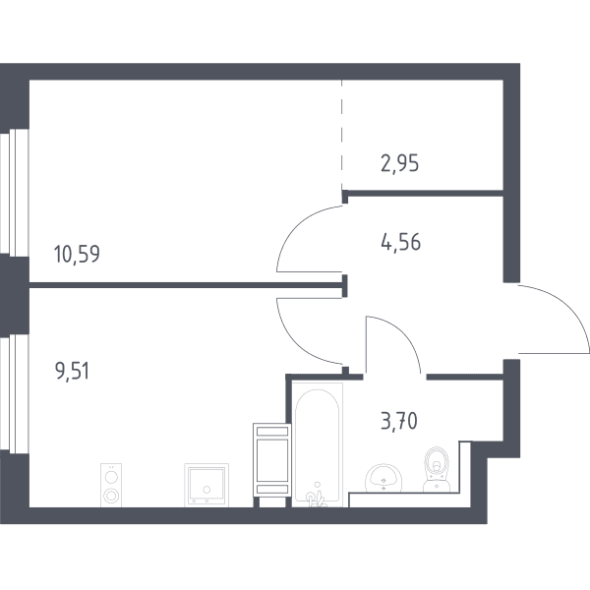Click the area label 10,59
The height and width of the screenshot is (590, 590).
pos(77,254)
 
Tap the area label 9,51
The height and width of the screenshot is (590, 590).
pos(72,372)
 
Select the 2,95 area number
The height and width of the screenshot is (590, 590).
pos(399,164)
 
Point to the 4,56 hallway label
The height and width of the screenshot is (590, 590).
pos(401,242)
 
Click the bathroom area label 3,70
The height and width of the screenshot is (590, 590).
pos(399,422)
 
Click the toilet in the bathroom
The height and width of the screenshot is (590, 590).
pos(437,469)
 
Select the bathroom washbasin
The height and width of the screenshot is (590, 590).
pos(383,478)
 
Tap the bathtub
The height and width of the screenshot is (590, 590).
pos(318,444)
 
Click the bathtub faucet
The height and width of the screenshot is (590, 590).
pos(316,497)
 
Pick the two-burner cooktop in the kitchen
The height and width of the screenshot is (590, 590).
pos(111,485)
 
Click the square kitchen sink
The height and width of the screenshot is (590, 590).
pos(206,485)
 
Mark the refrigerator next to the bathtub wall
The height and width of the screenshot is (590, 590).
pos(272,460)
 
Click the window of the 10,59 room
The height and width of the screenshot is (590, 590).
pos(15,193)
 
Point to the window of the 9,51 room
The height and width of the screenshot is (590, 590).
pos(15,394)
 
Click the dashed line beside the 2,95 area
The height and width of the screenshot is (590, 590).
pos(342,136)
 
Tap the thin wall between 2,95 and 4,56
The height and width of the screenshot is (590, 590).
pos(425,194)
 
